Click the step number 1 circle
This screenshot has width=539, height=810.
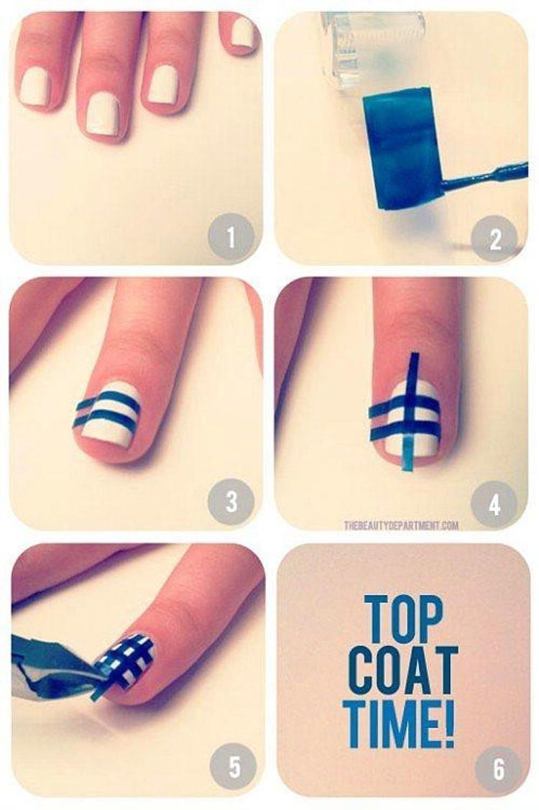[x=231, y=237]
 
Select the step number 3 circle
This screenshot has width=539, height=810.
[x=231, y=502]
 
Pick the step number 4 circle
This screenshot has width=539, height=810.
[x=494, y=502]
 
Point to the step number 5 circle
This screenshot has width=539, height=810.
[x=234, y=767]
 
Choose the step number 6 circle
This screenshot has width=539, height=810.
[x=498, y=768]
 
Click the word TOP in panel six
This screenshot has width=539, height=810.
[x=404, y=619]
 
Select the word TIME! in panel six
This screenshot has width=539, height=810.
[x=402, y=723]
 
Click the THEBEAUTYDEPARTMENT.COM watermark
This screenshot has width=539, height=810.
[x=402, y=526]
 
